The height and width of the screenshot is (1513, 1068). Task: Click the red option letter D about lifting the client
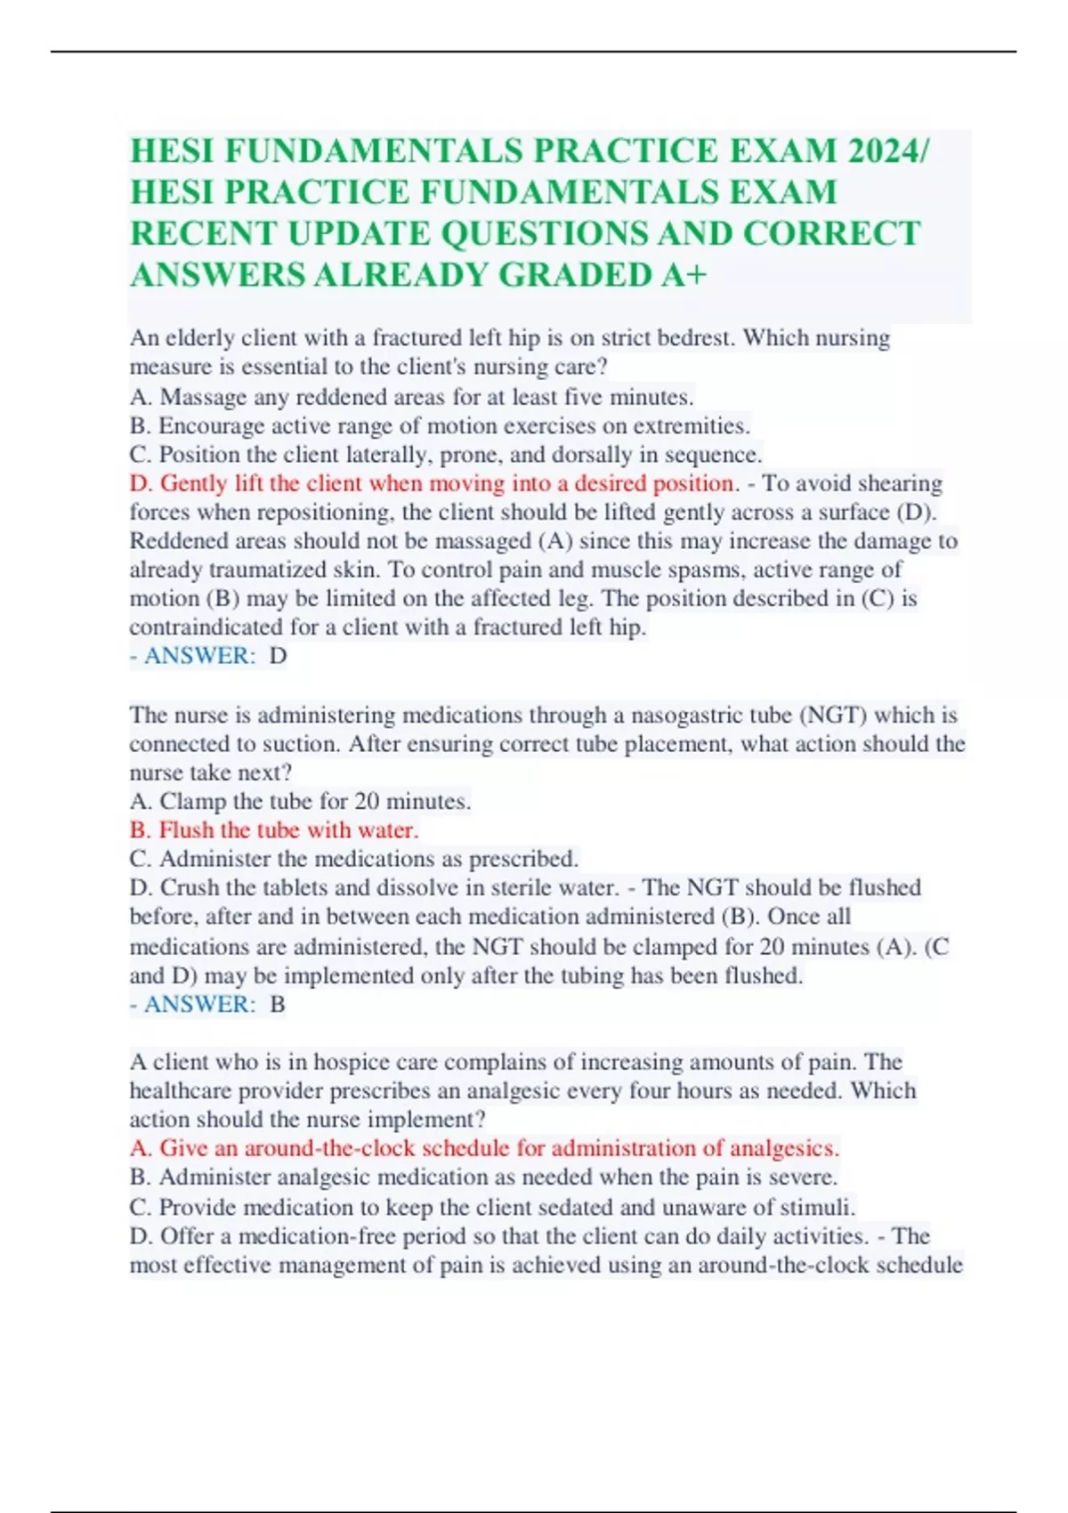[140, 483]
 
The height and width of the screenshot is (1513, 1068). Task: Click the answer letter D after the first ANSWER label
[278, 656]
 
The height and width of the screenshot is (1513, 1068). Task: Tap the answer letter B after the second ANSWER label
[278, 1005]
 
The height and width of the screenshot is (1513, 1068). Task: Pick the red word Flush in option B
[186, 830]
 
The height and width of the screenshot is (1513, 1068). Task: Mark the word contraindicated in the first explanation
[206, 627]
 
